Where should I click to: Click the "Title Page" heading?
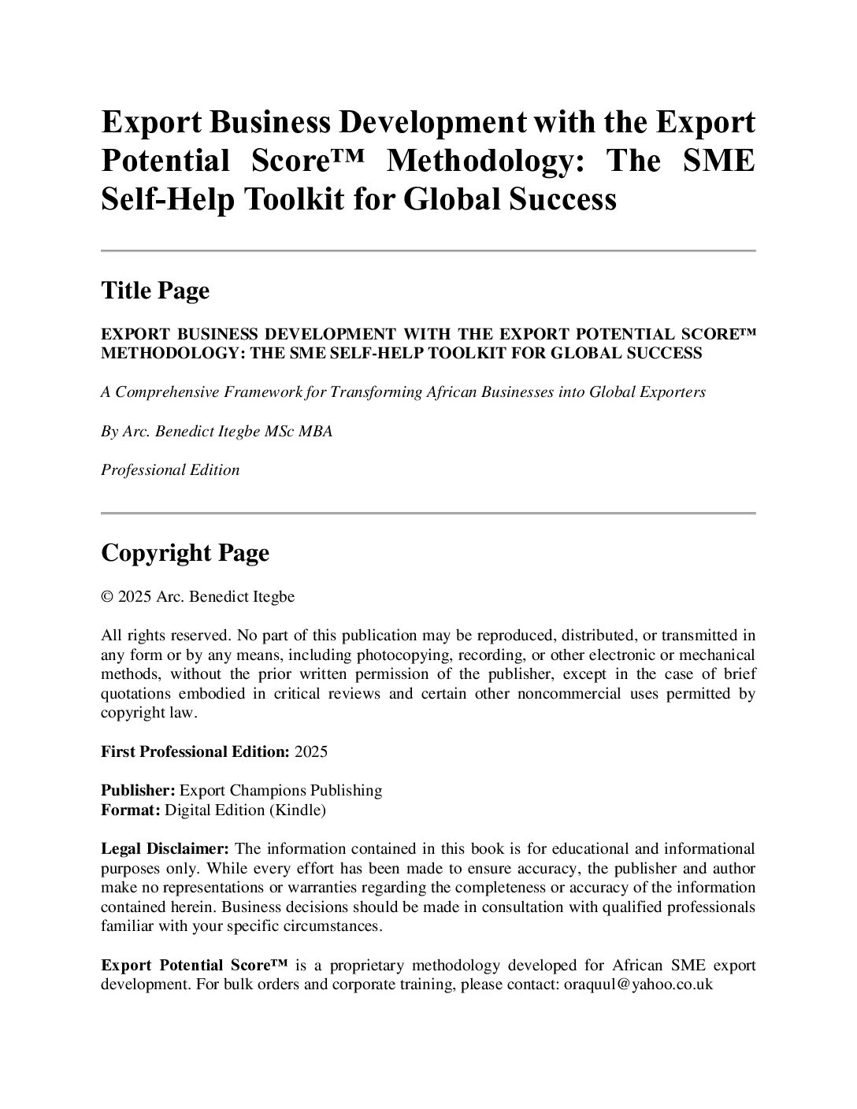[155, 291]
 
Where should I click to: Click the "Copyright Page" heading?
[185, 553]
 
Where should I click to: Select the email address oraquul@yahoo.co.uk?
[639, 985]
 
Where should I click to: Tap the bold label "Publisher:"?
[138, 790]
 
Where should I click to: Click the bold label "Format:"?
[131, 809]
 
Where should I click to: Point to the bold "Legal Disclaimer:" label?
[165, 848]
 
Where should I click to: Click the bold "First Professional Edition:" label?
[195, 751]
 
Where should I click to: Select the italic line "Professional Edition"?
[170, 470]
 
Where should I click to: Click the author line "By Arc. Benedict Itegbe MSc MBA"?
[217, 432]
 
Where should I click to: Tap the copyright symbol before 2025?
[107, 597]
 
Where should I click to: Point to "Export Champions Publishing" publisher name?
[281, 790]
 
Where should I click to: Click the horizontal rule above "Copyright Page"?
[428, 514]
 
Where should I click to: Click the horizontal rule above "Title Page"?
[428, 251]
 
